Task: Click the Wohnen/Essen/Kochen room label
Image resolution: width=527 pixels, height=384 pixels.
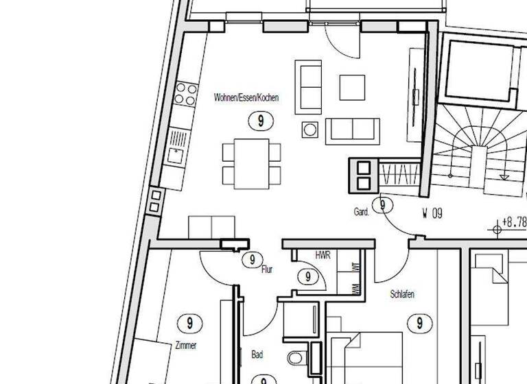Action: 246,98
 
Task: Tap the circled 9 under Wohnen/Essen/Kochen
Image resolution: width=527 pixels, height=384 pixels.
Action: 260,121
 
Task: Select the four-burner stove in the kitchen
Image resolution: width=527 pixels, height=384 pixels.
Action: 184,94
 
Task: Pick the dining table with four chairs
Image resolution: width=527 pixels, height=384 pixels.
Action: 251,163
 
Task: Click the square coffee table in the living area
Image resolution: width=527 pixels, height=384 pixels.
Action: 353,86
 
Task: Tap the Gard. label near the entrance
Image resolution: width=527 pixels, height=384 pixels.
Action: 362,213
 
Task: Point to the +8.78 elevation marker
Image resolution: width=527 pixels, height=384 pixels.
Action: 512,223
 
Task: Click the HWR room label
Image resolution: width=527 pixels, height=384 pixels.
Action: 323,255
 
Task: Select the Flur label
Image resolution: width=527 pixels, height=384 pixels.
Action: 267,269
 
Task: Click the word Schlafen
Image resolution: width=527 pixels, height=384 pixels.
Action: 402,294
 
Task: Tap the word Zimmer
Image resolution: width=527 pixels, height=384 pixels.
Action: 186,345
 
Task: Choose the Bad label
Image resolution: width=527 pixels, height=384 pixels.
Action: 257,355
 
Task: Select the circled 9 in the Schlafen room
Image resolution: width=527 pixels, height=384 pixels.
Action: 419,322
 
